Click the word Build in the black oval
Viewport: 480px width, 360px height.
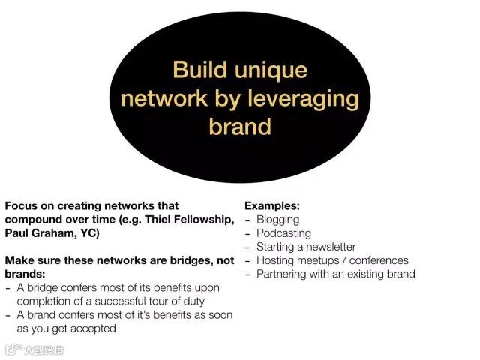(199, 70)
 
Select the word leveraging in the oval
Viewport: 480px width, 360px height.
(302, 99)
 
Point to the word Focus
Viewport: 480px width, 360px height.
(22, 205)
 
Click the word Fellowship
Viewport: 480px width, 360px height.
(205, 219)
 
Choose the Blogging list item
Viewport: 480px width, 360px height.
(277, 220)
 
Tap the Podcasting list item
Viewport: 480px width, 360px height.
(283, 233)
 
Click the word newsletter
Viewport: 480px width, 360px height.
(328, 247)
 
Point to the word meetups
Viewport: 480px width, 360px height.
(319, 260)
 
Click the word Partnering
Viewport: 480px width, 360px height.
(283, 274)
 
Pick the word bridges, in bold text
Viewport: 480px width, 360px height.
(193, 260)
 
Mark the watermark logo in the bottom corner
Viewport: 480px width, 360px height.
(34, 349)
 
